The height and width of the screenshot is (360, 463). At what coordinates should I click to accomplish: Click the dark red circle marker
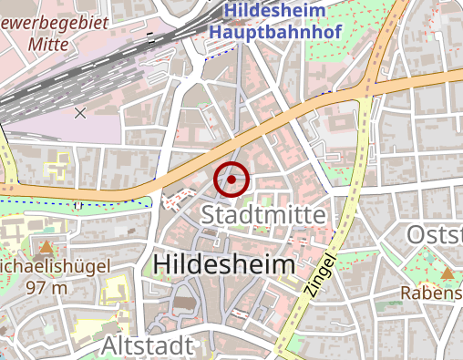point(231,180)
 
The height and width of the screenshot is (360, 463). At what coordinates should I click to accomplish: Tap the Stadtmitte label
point(263,215)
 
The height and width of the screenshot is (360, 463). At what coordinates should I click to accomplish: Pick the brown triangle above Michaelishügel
point(46,247)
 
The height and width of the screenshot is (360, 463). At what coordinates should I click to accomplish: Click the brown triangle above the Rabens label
point(447,273)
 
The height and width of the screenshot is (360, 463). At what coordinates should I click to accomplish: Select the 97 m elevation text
point(47,288)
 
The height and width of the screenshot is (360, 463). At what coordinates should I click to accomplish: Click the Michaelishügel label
point(55,268)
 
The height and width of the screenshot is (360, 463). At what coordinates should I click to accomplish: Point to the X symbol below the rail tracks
point(80,113)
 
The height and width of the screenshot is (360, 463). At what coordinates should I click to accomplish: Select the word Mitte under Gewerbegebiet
point(50,42)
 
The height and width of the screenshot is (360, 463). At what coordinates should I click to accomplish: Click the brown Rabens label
point(432,293)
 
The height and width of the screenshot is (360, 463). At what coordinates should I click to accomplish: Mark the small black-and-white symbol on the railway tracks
point(150,38)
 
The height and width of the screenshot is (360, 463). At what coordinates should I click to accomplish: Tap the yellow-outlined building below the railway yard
point(58,164)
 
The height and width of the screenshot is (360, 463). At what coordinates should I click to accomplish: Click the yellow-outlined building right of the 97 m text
point(115,291)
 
